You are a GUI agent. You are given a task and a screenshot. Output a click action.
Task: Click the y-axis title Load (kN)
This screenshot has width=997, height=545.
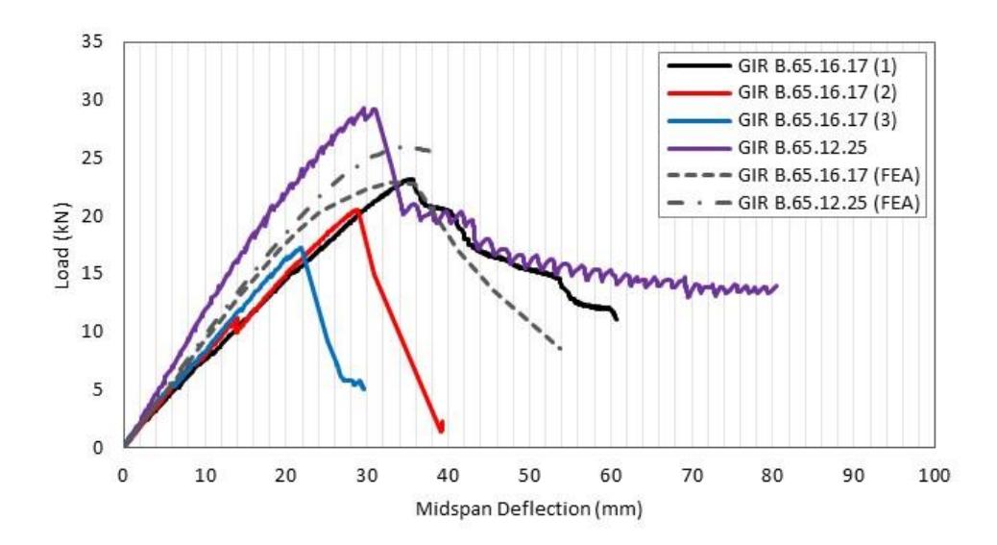(62, 245)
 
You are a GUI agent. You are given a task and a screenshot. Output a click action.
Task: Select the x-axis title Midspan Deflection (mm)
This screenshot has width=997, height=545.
(529, 508)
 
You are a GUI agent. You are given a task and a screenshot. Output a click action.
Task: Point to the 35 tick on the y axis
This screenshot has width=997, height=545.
(91, 42)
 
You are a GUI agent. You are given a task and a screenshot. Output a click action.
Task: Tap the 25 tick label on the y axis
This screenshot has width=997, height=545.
(91, 158)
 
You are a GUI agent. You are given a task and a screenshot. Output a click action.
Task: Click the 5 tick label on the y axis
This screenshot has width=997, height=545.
(97, 389)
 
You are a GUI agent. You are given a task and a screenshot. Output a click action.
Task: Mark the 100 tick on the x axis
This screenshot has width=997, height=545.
(934, 475)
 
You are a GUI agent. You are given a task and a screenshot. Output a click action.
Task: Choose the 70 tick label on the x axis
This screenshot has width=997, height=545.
(692, 475)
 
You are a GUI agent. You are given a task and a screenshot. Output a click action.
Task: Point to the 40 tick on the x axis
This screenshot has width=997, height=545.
(448, 475)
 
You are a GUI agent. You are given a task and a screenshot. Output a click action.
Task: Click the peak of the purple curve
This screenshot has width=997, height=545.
(365, 107)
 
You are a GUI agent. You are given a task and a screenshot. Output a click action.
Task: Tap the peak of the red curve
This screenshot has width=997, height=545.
(357, 210)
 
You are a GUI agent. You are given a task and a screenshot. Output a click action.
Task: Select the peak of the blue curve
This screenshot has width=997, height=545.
(301, 247)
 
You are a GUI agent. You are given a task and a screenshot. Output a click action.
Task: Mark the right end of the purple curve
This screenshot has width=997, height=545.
(777, 286)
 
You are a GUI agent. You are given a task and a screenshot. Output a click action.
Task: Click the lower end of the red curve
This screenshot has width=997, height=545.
(441, 432)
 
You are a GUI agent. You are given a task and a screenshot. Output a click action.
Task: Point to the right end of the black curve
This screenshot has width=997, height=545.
(616, 318)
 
